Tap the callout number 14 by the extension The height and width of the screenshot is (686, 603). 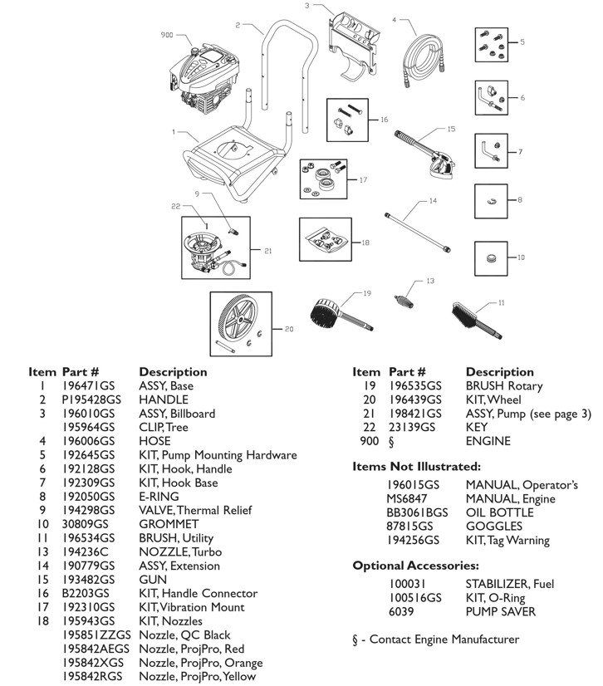tap(432, 201)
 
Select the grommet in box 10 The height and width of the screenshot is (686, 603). tap(491, 257)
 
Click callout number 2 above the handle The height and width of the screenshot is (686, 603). tap(238, 26)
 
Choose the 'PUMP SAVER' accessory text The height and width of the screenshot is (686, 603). tap(500, 611)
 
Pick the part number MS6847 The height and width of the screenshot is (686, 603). tap(407, 498)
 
